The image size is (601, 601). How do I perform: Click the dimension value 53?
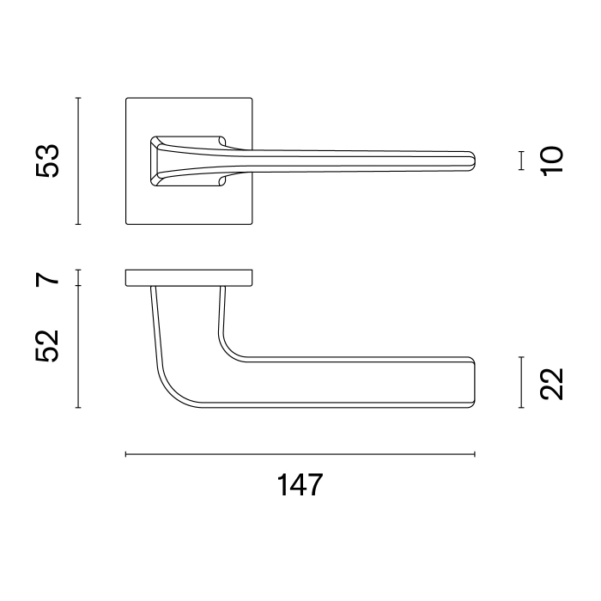point(49,161)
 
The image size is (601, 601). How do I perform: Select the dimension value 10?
point(552,161)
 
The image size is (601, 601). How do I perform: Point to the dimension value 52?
point(49,346)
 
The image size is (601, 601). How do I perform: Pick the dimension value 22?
point(552,382)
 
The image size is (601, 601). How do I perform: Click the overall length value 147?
point(300,485)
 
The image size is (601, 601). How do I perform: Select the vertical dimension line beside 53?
point(78,161)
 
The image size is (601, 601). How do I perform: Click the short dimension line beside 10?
point(521,161)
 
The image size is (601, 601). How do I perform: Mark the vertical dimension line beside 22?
point(521,382)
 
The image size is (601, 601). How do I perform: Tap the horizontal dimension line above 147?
point(300,453)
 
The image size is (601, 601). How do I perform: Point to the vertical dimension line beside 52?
point(78,346)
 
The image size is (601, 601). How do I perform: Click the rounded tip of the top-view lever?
point(471,161)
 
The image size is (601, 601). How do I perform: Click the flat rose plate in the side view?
point(189,277)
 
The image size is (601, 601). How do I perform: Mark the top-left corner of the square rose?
point(127,99)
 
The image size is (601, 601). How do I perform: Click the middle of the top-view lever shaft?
point(361,161)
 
